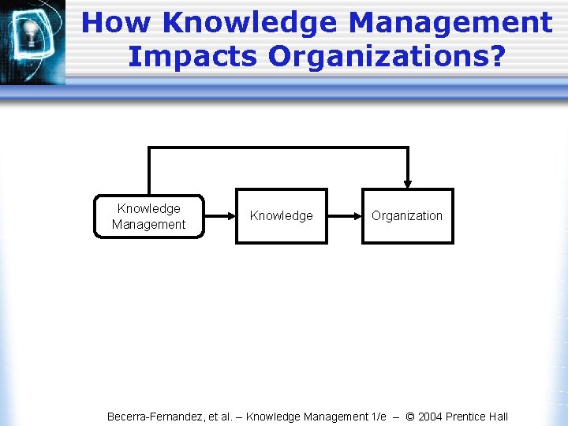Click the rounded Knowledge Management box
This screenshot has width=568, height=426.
click(x=148, y=216)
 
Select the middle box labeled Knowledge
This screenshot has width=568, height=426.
click(x=282, y=215)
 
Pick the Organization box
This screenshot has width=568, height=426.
click(x=408, y=215)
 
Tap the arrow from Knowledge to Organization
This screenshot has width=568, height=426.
click(x=345, y=215)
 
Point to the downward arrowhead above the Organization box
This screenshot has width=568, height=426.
click(x=408, y=183)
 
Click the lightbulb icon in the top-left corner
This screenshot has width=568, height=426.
click(x=32, y=34)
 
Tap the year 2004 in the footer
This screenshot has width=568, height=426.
click(x=432, y=417)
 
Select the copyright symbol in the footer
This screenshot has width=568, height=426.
click(x=410, y=417)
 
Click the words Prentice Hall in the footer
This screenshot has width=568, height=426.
click(x=478, y=417)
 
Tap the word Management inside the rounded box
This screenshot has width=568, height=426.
click(x=148, y=224)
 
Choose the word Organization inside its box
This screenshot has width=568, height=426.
click(x=408, y=215)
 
